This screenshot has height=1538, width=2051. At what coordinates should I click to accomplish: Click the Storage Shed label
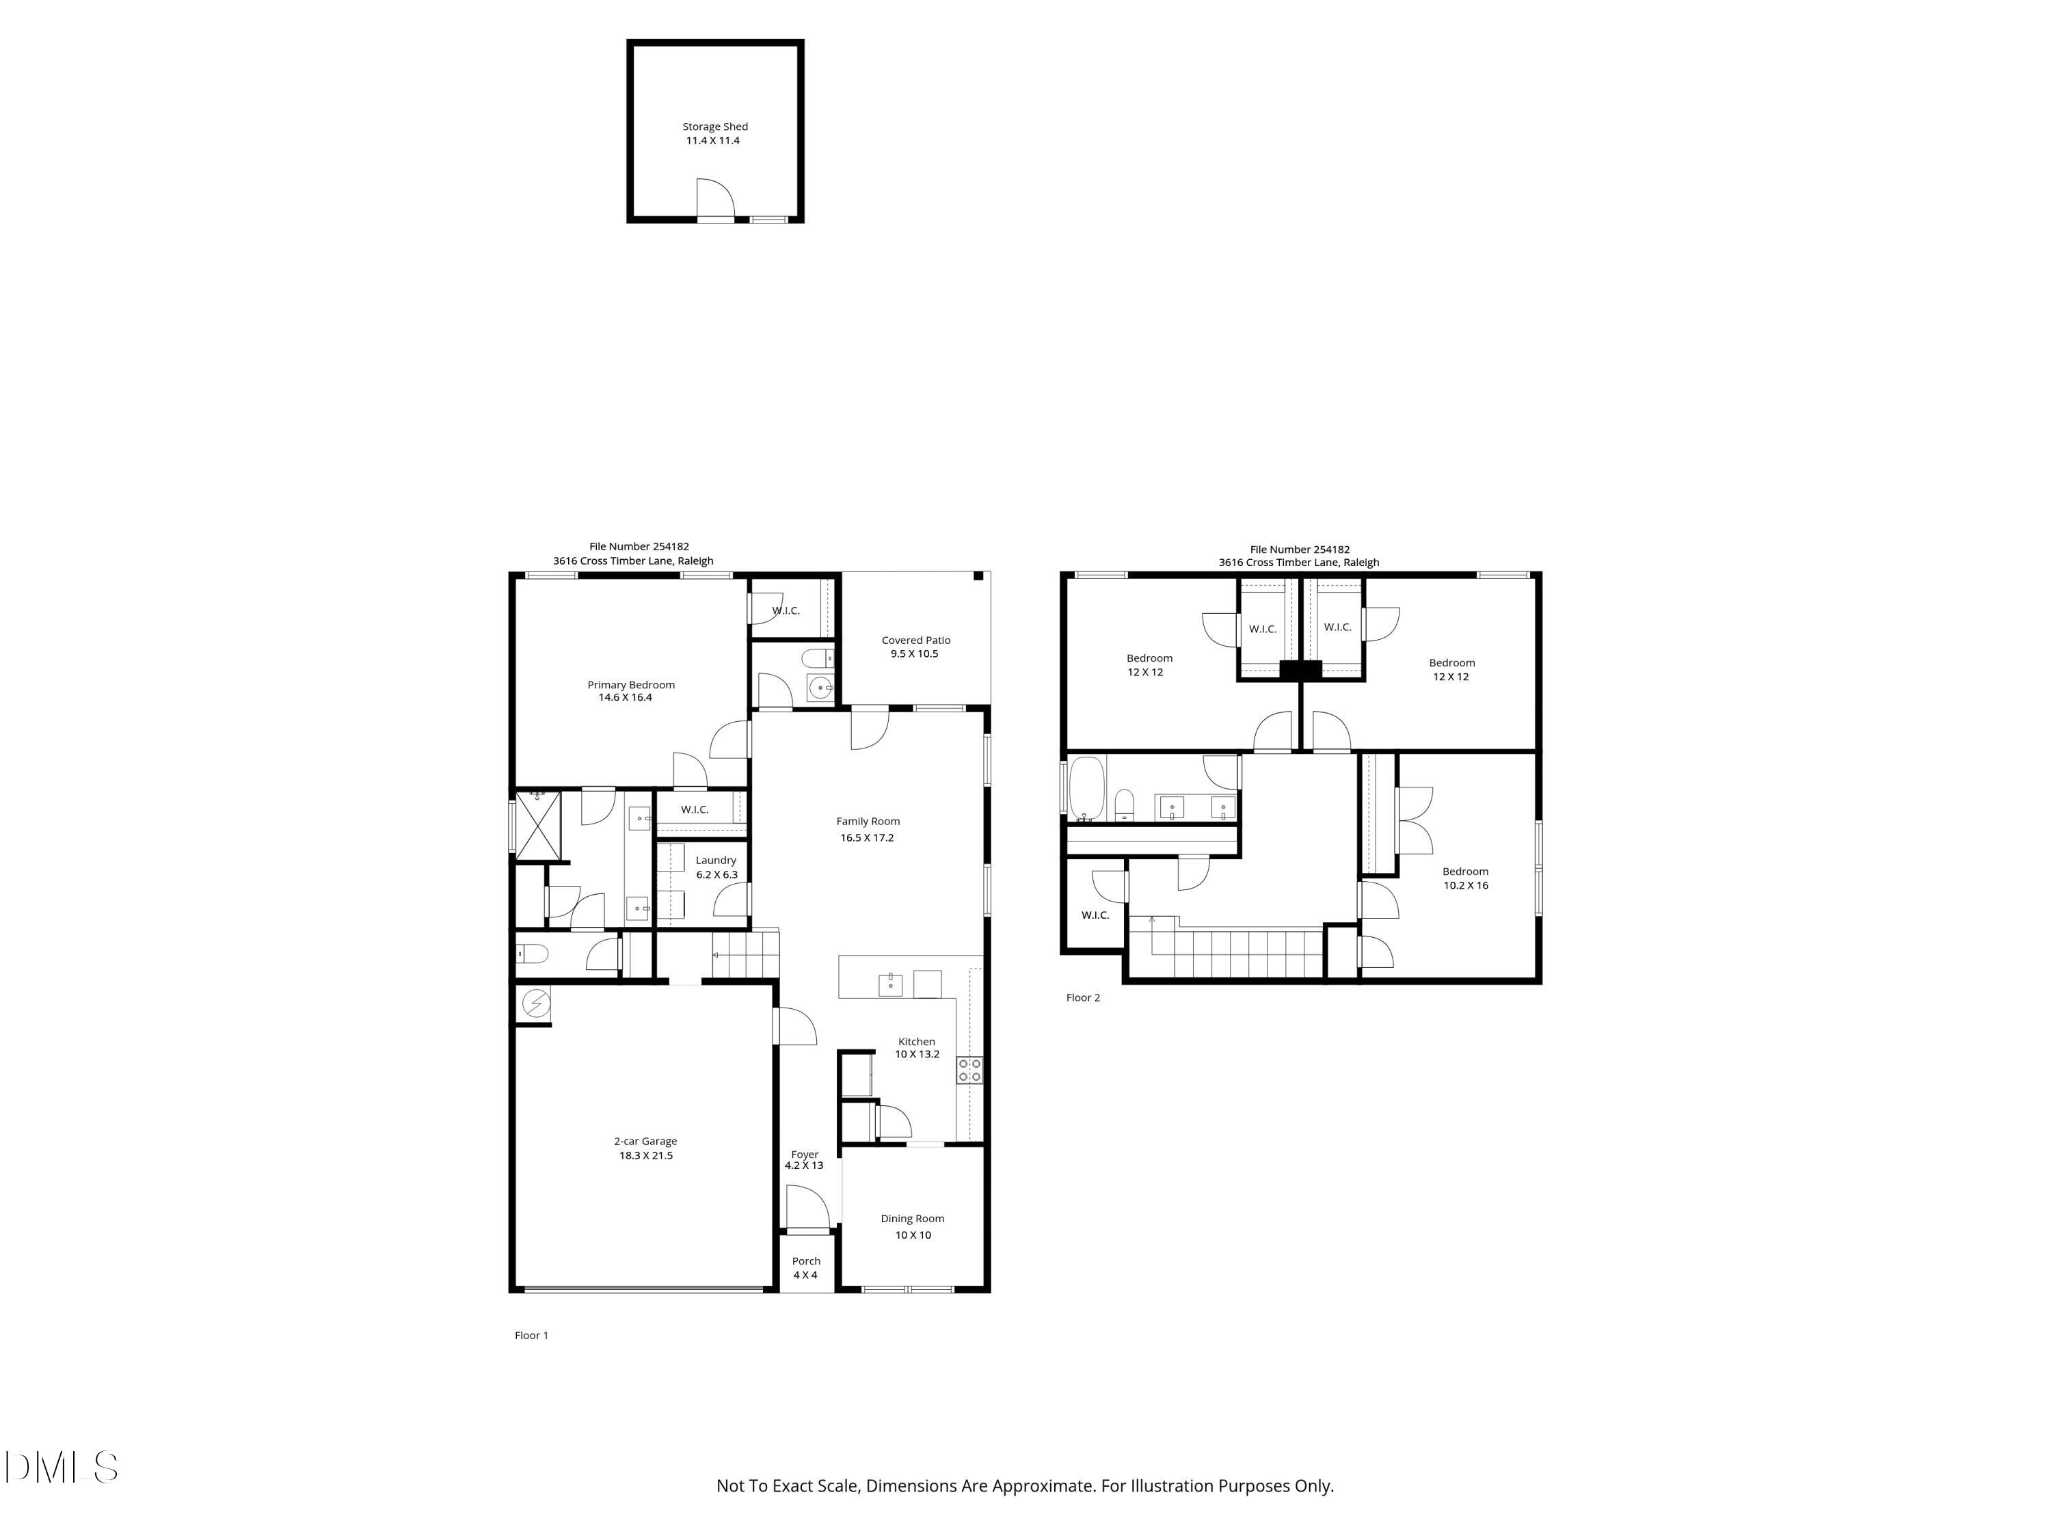pos(715,126)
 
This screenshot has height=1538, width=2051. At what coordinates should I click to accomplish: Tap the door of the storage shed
pos(715,200)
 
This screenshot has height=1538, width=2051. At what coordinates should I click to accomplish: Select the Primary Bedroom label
pos(630,685)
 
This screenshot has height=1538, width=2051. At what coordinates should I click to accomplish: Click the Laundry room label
pos(716,861)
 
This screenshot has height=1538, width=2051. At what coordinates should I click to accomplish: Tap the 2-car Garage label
pos(645,1142)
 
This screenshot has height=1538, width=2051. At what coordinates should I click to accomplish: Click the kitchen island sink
pos(890,983)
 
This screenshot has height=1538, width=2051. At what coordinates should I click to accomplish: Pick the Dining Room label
pos(913,1218)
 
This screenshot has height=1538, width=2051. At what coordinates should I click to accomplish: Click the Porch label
pos(806,1260)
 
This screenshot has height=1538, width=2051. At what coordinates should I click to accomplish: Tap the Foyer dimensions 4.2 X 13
pos(804,1165)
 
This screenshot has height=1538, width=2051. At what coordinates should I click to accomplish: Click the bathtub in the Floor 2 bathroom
pos(1087,789)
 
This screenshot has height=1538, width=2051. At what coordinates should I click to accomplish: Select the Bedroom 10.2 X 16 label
pos(1465,872)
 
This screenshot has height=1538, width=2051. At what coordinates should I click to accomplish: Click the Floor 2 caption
pos(1083,997)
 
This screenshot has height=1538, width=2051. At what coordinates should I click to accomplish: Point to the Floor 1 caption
pos(531,1335)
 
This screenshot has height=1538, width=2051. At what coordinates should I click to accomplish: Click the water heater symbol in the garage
pos(536,1003)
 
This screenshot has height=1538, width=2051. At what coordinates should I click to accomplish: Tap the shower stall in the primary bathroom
pos(538,824)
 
